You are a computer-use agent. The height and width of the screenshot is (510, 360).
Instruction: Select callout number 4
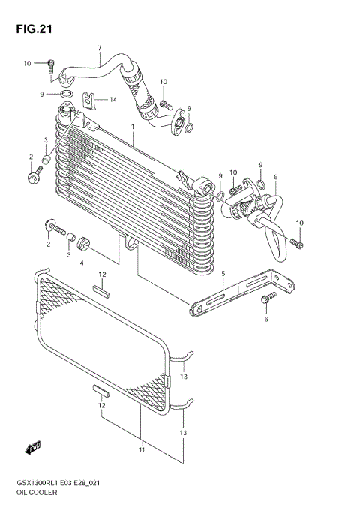[x=82, y=262]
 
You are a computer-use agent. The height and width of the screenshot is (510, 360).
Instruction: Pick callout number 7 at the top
[x=99, y=49]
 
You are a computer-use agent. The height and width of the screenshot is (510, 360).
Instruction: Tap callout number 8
[x=275, y=178]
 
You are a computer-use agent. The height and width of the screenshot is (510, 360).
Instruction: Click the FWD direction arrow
[x=33, y=448]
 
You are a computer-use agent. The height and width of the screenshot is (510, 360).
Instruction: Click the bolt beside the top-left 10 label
[x=52, y=64]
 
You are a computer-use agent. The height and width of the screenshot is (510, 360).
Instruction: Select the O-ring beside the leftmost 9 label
[x=66, y=94]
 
